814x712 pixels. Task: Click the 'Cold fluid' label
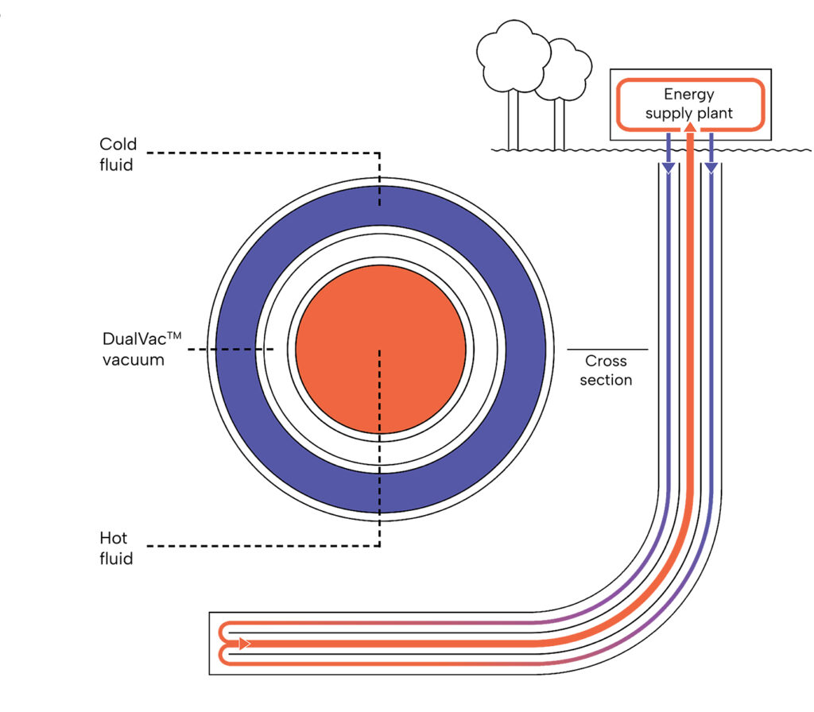(118, 154)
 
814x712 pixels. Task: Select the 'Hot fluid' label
(116, 548)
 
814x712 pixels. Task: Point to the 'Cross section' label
(606, 370)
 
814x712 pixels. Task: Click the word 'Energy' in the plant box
(689, 95)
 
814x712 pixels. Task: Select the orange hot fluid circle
(380, 349)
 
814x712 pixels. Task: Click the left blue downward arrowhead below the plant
(669, 167)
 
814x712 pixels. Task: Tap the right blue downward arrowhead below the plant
(711, 167)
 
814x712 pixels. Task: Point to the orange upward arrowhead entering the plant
(690, 126)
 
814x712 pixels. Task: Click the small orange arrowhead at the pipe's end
(245, 643)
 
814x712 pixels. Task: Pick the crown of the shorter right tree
(563, 70)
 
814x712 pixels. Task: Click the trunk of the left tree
(513, 119)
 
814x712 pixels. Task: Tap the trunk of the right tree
(560, 123)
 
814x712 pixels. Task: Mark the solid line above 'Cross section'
(607, 349)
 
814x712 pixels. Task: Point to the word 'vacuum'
(134, 359)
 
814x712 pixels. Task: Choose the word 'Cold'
(118, 145)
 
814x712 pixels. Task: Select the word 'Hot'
(113, 539)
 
